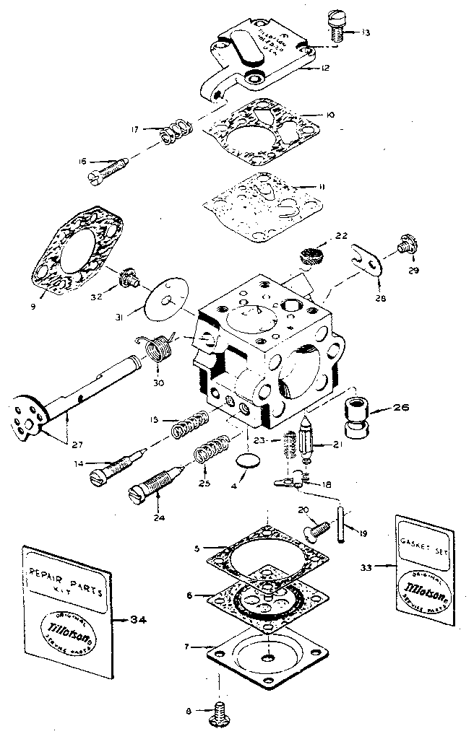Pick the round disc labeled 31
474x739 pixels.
coord(167,298)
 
